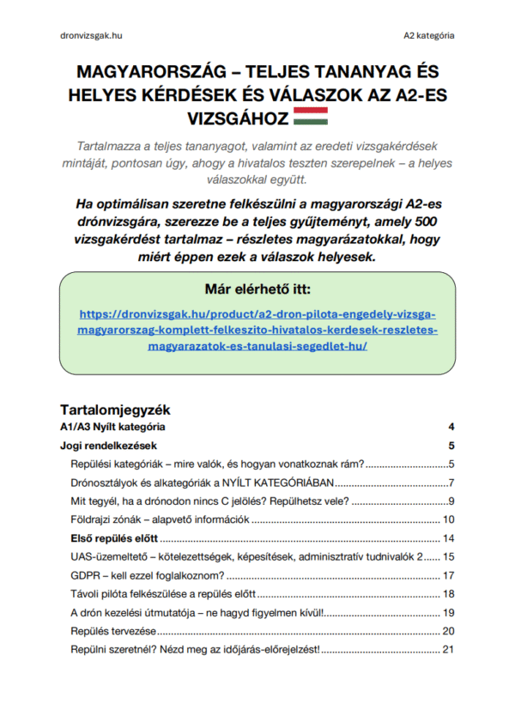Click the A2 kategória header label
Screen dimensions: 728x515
[429, 36]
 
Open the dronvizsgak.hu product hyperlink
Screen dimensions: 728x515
[257, 330]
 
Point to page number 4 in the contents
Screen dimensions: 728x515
[451, 427]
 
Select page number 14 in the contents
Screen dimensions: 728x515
[447, 538]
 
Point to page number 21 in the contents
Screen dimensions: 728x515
[447, 650]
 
